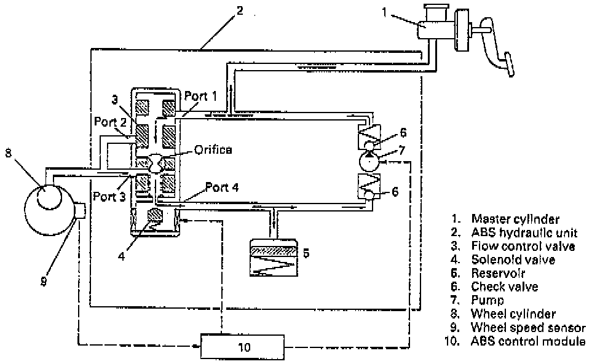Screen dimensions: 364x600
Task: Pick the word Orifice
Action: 213,149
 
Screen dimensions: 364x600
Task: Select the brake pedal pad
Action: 508,62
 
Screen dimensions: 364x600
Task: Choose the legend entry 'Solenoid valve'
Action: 513,259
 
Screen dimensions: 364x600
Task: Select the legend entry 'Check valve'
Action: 504,287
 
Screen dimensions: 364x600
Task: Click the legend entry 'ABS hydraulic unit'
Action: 523,232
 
